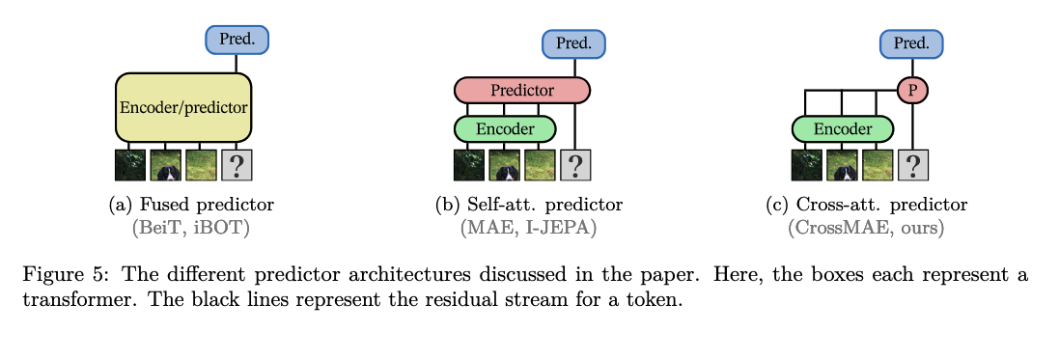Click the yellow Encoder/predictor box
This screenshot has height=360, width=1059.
183,107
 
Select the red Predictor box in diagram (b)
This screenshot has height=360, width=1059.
522,90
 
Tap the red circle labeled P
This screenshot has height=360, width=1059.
912,91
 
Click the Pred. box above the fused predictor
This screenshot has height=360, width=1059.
237,40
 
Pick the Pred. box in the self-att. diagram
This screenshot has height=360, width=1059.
574,43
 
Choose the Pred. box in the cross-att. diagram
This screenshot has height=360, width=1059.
911,43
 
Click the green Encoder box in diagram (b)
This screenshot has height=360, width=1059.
505,129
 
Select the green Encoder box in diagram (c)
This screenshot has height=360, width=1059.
842,129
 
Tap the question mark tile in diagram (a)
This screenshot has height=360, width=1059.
237,165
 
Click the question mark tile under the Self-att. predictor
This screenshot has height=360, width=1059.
574,165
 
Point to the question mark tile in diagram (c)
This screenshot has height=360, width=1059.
912,165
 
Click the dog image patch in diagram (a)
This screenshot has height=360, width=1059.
165,165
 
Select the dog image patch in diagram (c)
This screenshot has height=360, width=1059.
842,165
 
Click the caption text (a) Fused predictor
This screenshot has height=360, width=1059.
191,205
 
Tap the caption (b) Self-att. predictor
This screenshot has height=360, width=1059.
529,205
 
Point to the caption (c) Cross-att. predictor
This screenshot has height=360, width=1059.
867,205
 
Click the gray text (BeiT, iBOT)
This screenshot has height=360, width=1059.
191,229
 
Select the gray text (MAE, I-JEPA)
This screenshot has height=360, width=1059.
529,229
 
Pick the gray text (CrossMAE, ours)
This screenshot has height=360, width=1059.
867,229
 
